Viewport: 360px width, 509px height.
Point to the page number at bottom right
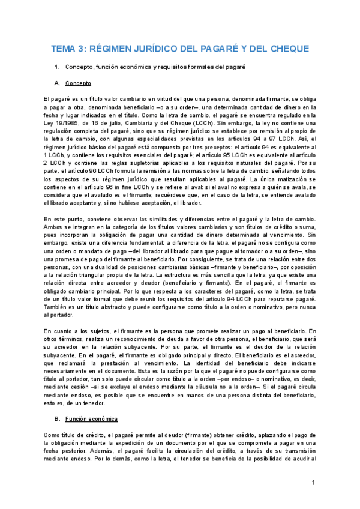313,483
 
